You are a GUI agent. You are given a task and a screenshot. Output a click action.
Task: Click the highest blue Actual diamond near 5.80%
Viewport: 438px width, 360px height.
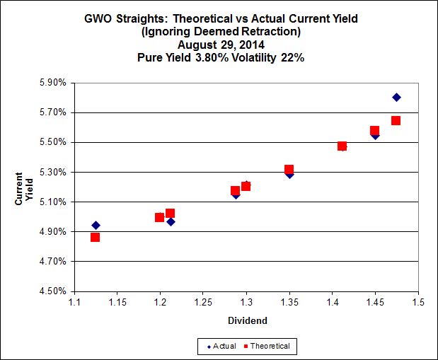396,97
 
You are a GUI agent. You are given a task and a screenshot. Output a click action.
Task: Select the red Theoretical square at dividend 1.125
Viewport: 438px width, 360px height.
95,237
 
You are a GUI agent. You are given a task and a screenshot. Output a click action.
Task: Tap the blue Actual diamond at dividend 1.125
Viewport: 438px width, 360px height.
96,226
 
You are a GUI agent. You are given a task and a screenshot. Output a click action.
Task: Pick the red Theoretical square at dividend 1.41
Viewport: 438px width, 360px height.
342,146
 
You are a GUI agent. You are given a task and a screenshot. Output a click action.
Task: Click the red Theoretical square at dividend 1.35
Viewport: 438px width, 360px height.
289,170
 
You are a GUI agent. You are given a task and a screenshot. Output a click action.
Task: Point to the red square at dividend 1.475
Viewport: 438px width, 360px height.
396,120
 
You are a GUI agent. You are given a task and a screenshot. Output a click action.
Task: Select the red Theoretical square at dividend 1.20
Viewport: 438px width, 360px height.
160,217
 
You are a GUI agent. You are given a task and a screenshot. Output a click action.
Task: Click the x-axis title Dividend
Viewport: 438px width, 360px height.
246,320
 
